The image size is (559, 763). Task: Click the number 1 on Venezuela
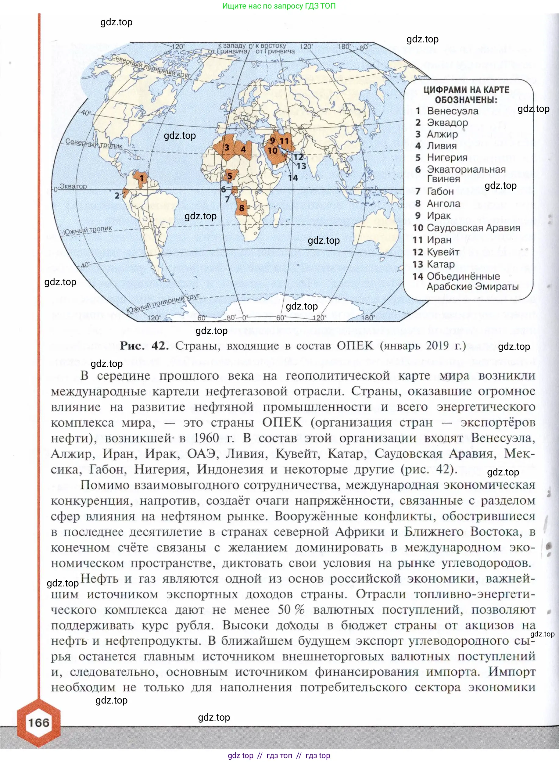(142, 178)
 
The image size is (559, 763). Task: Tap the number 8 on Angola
(242, 208)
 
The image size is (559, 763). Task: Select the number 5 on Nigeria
(230, 176)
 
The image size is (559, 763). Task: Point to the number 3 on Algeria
(227, 148)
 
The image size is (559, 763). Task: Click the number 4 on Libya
(243, 149)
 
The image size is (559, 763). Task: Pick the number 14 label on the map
(293, 178)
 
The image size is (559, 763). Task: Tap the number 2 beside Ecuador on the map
(117, 195)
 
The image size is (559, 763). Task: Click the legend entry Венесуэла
(452, 111)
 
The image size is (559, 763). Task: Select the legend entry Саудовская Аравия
(473, 228)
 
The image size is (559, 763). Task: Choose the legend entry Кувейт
(443, 252)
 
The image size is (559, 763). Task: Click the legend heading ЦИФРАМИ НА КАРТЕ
(466, 90)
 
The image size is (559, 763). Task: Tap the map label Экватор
(73, 186)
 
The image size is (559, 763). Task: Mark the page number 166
(38, 723)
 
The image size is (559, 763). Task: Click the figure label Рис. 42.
(144, 346)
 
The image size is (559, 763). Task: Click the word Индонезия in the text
(230, 469)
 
